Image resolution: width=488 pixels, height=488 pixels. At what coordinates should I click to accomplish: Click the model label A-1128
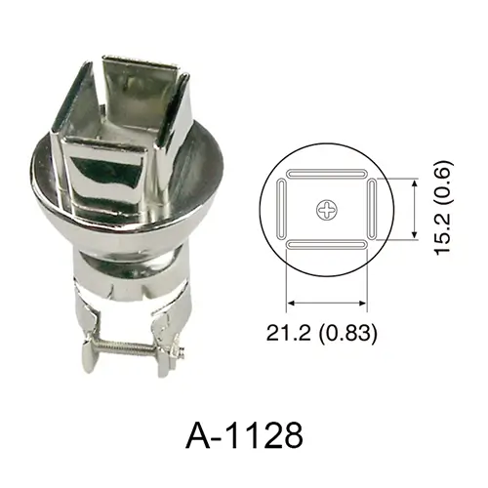244,435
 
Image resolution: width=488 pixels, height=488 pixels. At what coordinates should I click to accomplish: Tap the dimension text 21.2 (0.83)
321,333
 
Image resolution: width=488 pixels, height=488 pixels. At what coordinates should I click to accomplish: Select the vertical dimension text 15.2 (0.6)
443,208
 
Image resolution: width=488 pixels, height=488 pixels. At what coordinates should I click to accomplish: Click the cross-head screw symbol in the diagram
327,210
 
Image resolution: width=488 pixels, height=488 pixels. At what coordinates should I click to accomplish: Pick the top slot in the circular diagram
327,174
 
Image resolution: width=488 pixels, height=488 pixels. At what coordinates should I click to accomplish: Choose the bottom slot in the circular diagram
327,245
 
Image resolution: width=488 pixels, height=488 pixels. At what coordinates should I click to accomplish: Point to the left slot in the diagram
281,210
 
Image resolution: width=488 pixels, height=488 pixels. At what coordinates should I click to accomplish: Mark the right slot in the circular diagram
372,210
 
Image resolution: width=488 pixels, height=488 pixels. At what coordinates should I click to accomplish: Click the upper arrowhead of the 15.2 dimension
414,184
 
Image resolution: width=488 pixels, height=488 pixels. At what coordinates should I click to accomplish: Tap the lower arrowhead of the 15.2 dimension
414,234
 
